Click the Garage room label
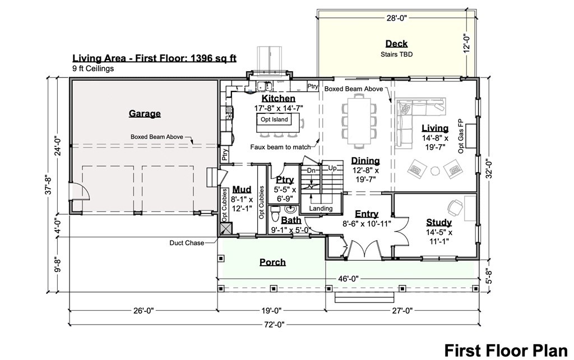145,113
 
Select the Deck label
396,44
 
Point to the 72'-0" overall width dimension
274,324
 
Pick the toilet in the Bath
275,214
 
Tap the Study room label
439,222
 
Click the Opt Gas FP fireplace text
461,136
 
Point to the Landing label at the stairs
321,209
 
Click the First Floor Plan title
506,350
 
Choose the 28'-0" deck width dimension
397,17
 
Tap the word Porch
273,262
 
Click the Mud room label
242,190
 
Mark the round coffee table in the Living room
435,170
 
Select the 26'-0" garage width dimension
143,311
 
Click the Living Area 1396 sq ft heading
154,58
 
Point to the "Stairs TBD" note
396,54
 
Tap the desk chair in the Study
455,207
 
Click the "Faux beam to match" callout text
280,147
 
